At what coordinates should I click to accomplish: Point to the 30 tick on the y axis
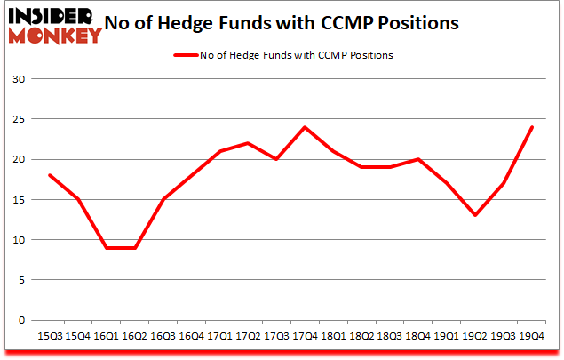pyautogui.click(x=20, y=79)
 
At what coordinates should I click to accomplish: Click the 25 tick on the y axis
pyautogui.click(x=20, y=119)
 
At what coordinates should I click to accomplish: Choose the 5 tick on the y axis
pyautogui.click(x=23, y=280)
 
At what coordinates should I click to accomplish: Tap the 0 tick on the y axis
pyautogui.click(x=23, y=320)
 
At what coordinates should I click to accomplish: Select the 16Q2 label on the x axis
pyautogui.click(x=135, y=336)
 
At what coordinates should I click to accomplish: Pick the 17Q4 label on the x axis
pyautogui.click(x=305, y=336)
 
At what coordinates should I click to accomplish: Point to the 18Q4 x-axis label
pyautogui.click(x=418, y=336)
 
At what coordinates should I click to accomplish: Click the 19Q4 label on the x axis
pyautogui.click(x=532, y=336)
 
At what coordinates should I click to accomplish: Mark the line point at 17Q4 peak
pyautogui.click(x=305, y=127)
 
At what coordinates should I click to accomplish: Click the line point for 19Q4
pyautogui.click(x=532, y=127)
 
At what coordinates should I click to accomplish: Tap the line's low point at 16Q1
pyautogui.click(x=107, y=248)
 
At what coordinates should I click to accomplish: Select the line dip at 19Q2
pyautogui.click(x=475, y=215)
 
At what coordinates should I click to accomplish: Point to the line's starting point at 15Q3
pyautogui.click(x=50, y=175)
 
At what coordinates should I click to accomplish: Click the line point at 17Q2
pyautogui.click(x=248, y=143)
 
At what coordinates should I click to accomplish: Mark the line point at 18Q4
pyautogui.click(x=418, y=159)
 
